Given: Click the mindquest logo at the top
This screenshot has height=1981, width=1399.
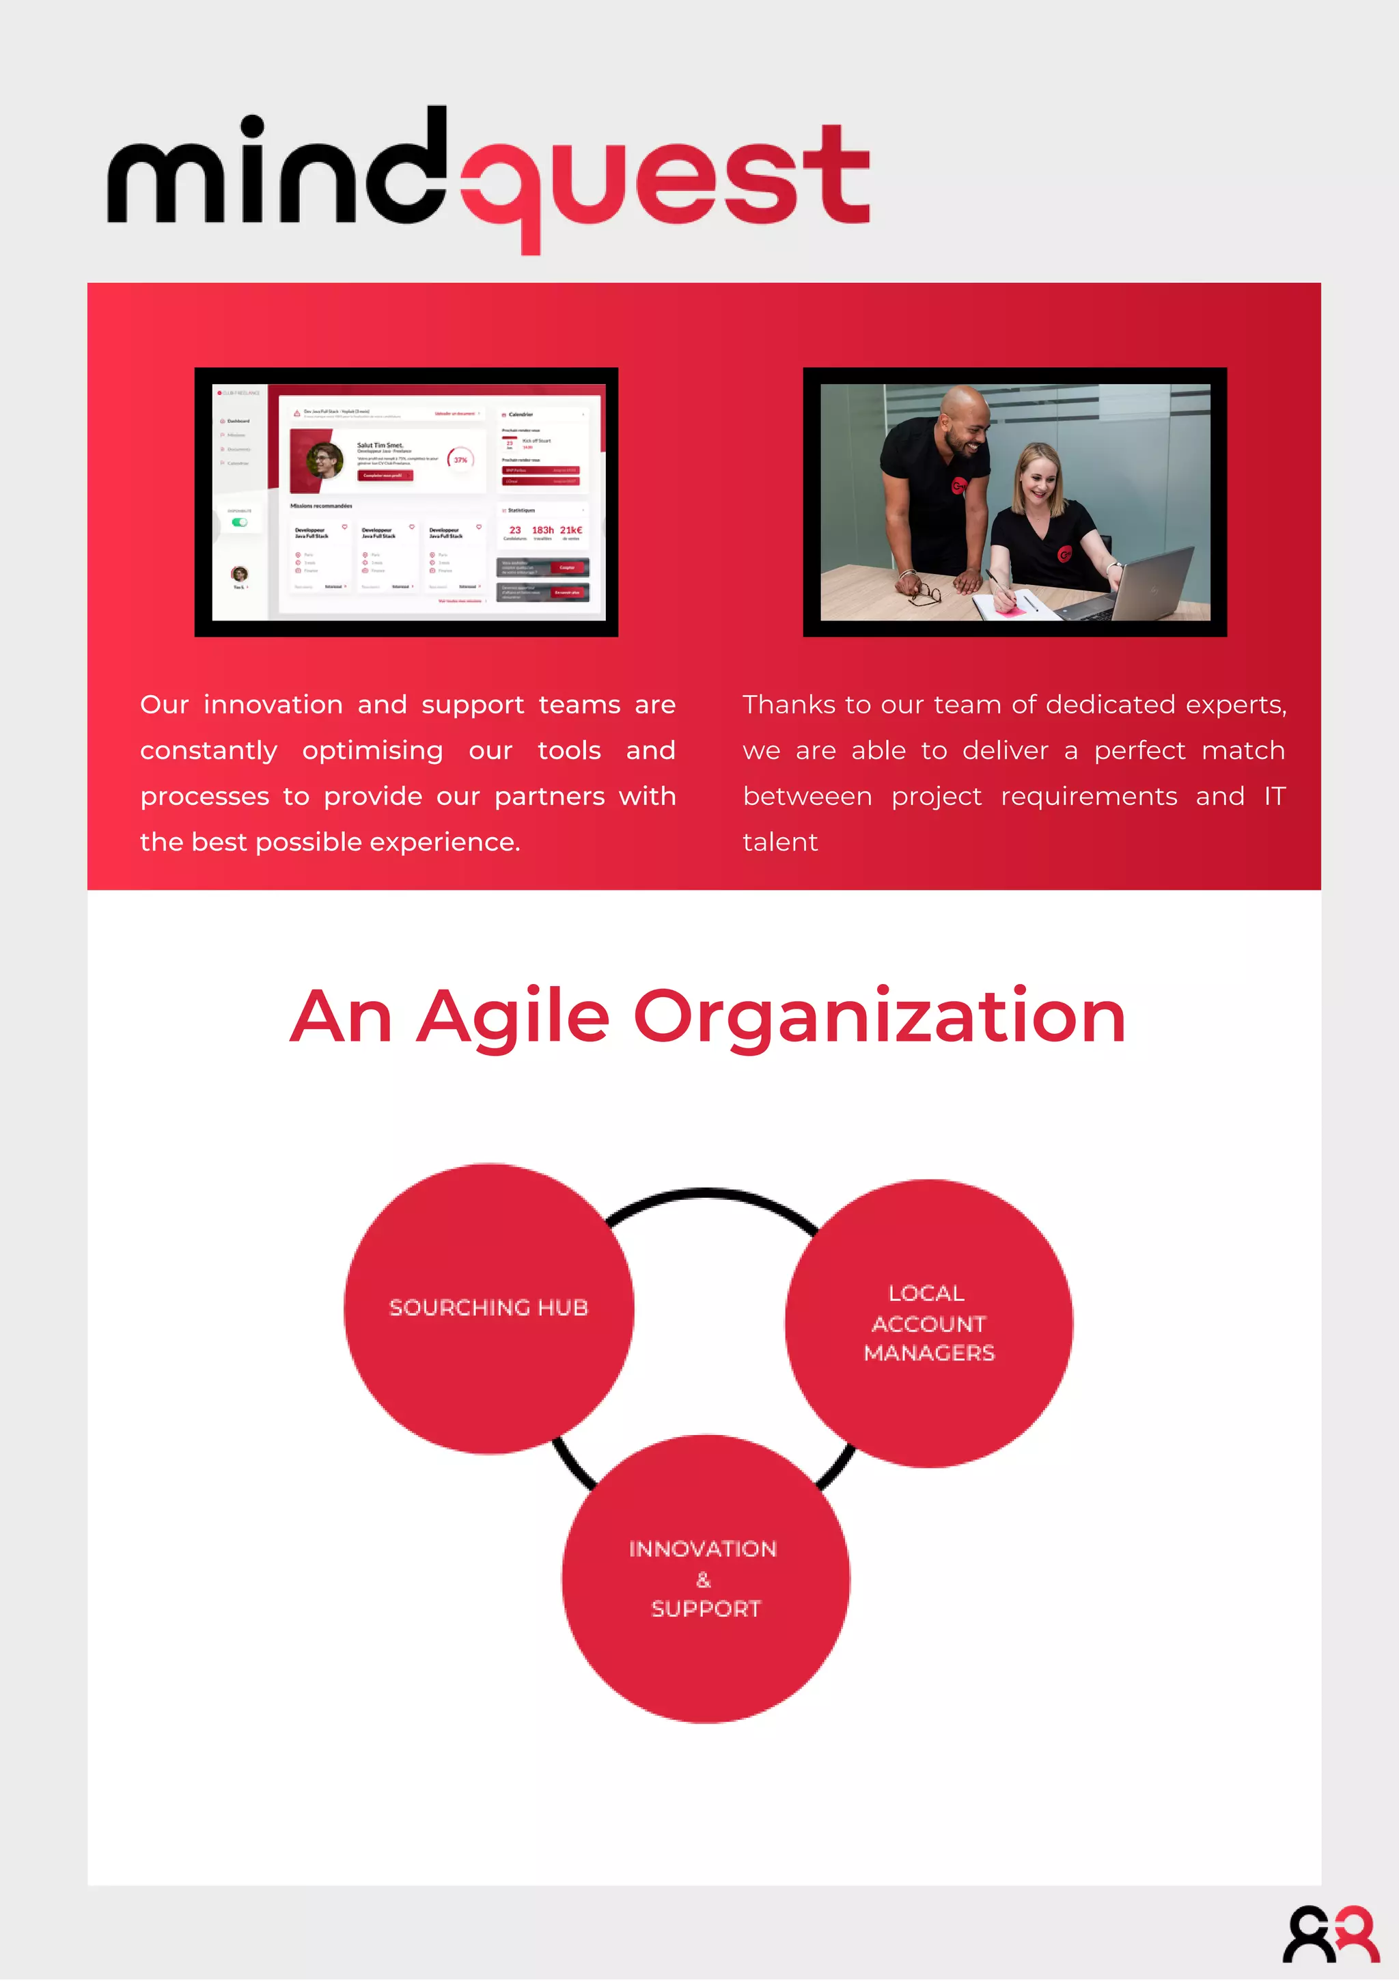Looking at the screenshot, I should [488, 177].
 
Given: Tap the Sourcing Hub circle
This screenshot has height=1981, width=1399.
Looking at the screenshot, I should [488, 1308].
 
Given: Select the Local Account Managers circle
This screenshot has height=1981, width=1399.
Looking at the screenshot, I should [929, 1323].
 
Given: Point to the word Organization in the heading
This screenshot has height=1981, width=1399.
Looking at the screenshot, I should [879, 1018].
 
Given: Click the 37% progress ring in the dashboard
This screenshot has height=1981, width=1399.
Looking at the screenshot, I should [460, 460].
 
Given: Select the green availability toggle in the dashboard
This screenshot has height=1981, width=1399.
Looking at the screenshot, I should [240, 522].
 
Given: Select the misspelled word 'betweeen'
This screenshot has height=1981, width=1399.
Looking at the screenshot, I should [807, 796].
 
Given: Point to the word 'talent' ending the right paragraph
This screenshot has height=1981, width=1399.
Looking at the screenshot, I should [779, 842].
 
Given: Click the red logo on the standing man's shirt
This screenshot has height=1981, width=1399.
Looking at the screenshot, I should [958, 487].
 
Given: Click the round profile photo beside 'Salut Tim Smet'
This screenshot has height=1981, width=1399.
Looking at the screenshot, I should [325, 460].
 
